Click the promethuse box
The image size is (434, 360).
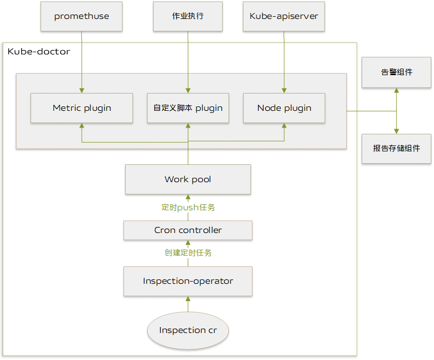click(82, 16)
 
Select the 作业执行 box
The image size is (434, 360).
click(188, 16)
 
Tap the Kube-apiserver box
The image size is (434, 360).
click(284, 16)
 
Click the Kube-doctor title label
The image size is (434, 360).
click(38, 51)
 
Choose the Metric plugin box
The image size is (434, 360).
click(82, 108)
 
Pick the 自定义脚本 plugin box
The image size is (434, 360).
click(188, 108)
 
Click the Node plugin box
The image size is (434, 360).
click(284, 108)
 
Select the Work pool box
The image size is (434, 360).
click(188, 179)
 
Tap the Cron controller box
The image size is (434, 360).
click(188, 230)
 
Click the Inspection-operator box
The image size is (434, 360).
click(188, 281)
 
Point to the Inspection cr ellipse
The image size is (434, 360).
click(188, 330)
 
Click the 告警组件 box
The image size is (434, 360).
click(397, 72)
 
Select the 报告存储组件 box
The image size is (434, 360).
click(397, 149)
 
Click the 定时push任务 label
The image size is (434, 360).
click(188, 208)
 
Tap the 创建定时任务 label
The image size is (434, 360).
click(188, 253)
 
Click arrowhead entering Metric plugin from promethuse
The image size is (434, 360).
click(82, 90)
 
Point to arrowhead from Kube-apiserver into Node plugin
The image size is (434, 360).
click(284, 90)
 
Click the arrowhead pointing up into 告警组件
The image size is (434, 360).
click(397, 91)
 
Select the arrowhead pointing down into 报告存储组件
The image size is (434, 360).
click(397, 130)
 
